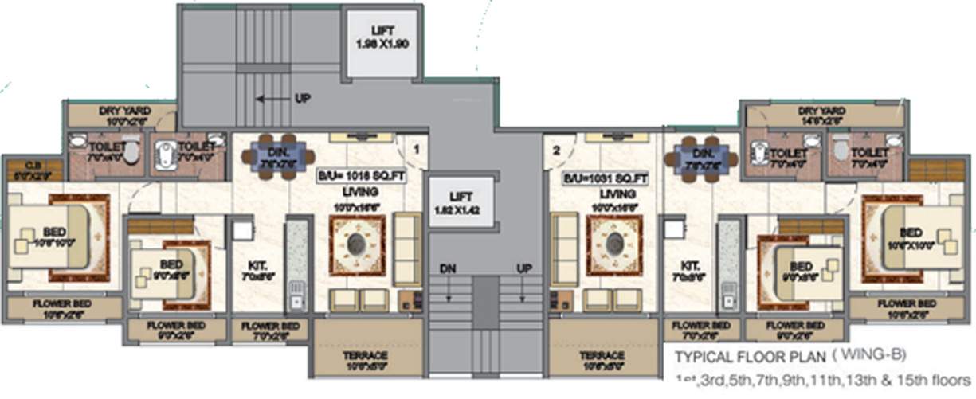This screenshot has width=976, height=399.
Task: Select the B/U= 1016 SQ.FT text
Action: point(362,178)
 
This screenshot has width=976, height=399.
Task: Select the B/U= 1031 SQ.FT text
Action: point(605,178)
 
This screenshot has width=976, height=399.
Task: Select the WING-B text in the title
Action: point(876,354)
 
